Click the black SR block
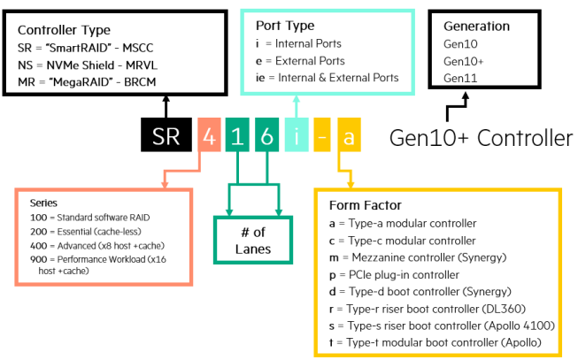[x=165, y=137]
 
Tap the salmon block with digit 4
[x=209, y=137]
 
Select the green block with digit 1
[x=236, y=137]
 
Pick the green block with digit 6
[x=265, y=137]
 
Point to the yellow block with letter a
[x=350, y=137]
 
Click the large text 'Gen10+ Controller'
[x=482, y=137]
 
